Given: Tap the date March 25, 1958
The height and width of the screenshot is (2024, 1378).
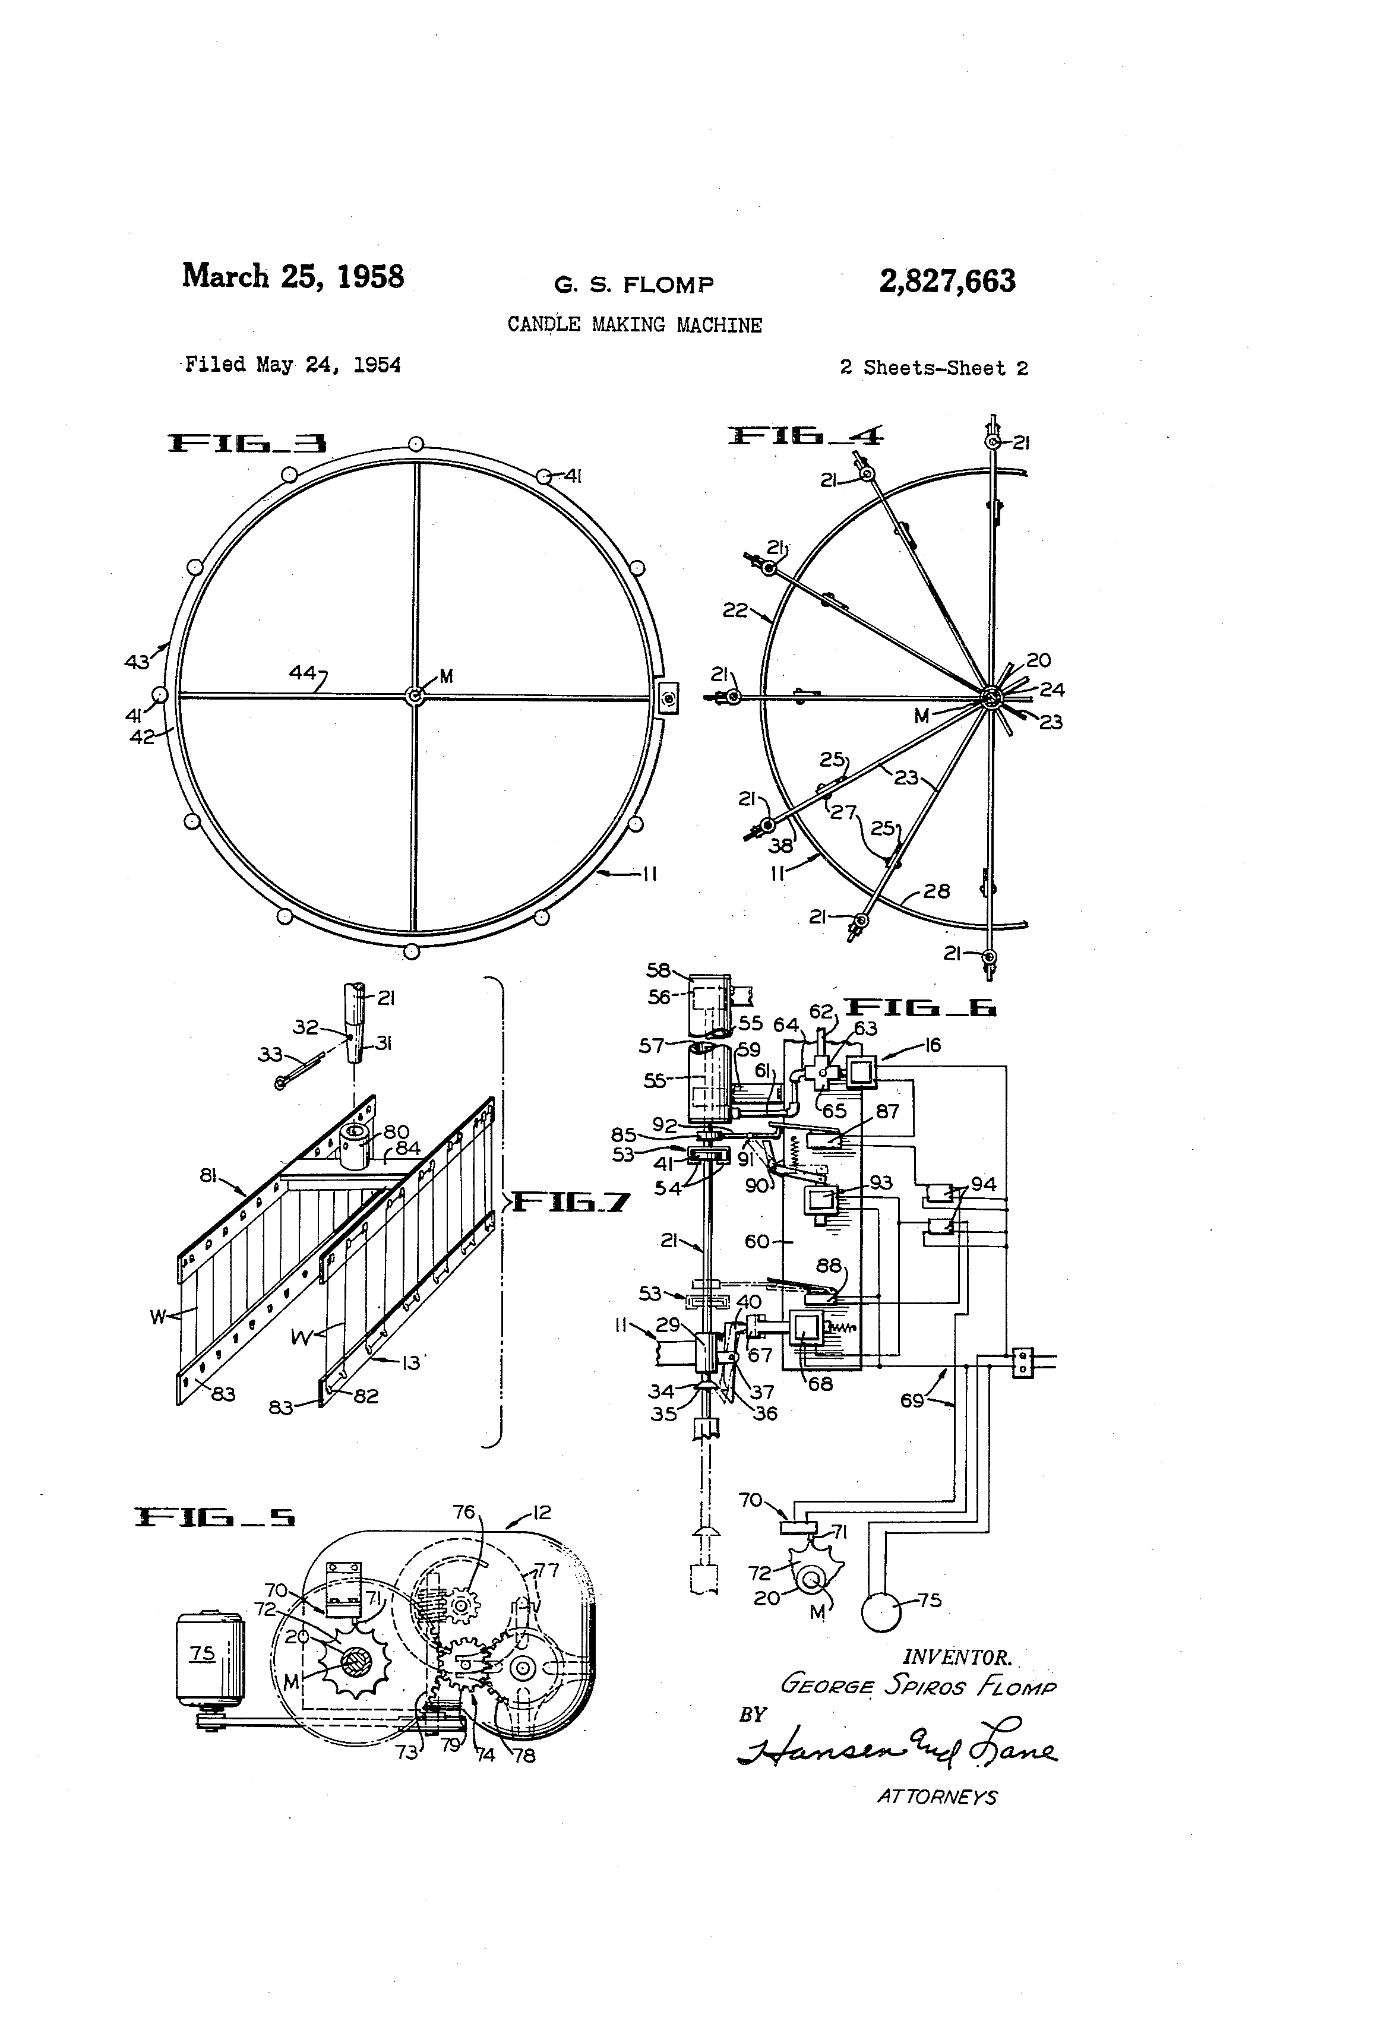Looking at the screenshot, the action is pyautogui.click(x=293, y=276).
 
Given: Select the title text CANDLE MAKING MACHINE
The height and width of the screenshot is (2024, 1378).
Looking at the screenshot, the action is pyautogui.click(x=634, y=325).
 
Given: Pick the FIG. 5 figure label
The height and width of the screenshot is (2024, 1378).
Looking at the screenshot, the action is pyautogui.click(x=214, y=1517).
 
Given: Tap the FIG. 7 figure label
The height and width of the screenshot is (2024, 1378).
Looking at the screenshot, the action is pyautogui.click(x=569, y=1203).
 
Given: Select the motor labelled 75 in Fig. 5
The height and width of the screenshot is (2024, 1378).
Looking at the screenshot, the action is pyautogui.click(x=209, y=1658).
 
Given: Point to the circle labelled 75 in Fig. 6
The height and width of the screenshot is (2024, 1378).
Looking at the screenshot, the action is pyautogui.click(x=883, y=1612).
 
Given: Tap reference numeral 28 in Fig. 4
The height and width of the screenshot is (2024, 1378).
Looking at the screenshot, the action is pyautogui.click(x=936, y=890).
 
